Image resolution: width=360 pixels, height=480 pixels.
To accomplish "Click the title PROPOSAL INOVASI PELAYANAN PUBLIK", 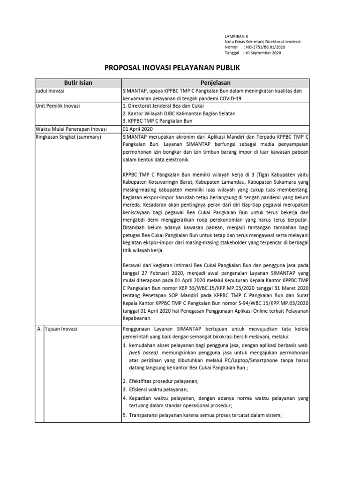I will click(x=172, y=68).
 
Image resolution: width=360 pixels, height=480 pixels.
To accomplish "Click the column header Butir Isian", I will click(x=78, y=83).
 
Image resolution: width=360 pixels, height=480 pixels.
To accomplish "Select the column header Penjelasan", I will click(x=215, y=83).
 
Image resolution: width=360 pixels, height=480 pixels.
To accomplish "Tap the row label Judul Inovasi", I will click(x=50, y=91).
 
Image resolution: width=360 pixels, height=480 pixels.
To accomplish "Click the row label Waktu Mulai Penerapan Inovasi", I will click(x=71, y=129).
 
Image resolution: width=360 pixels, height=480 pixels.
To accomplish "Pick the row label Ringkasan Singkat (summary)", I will click(x=68, y=136).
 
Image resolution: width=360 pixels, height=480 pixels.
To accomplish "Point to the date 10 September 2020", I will click(x=263, y=53).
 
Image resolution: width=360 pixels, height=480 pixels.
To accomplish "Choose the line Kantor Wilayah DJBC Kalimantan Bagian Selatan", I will click(x=181, y=114).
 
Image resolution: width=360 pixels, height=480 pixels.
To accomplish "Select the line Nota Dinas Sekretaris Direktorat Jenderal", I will click(x=263, y=41).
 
